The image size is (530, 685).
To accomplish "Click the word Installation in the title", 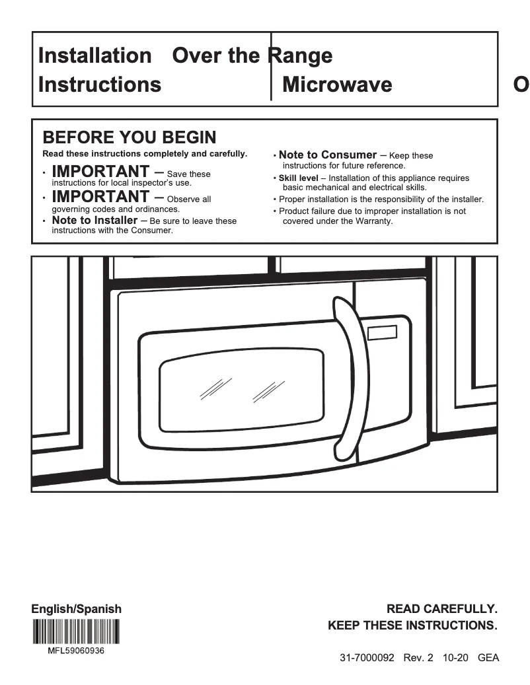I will [x=95, y=55].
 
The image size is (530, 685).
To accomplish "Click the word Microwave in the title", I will [x=336, y=85].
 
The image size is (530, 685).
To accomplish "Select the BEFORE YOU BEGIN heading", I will [x=129, y=137].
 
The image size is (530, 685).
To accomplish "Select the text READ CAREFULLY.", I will [x=441, y=608].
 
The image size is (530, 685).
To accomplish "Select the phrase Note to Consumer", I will [x=328, y=155].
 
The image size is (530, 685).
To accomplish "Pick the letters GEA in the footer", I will [x=488, y=658].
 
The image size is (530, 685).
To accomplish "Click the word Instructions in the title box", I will [x=100, y=85].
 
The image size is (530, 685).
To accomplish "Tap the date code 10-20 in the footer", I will [x=454, y=658].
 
